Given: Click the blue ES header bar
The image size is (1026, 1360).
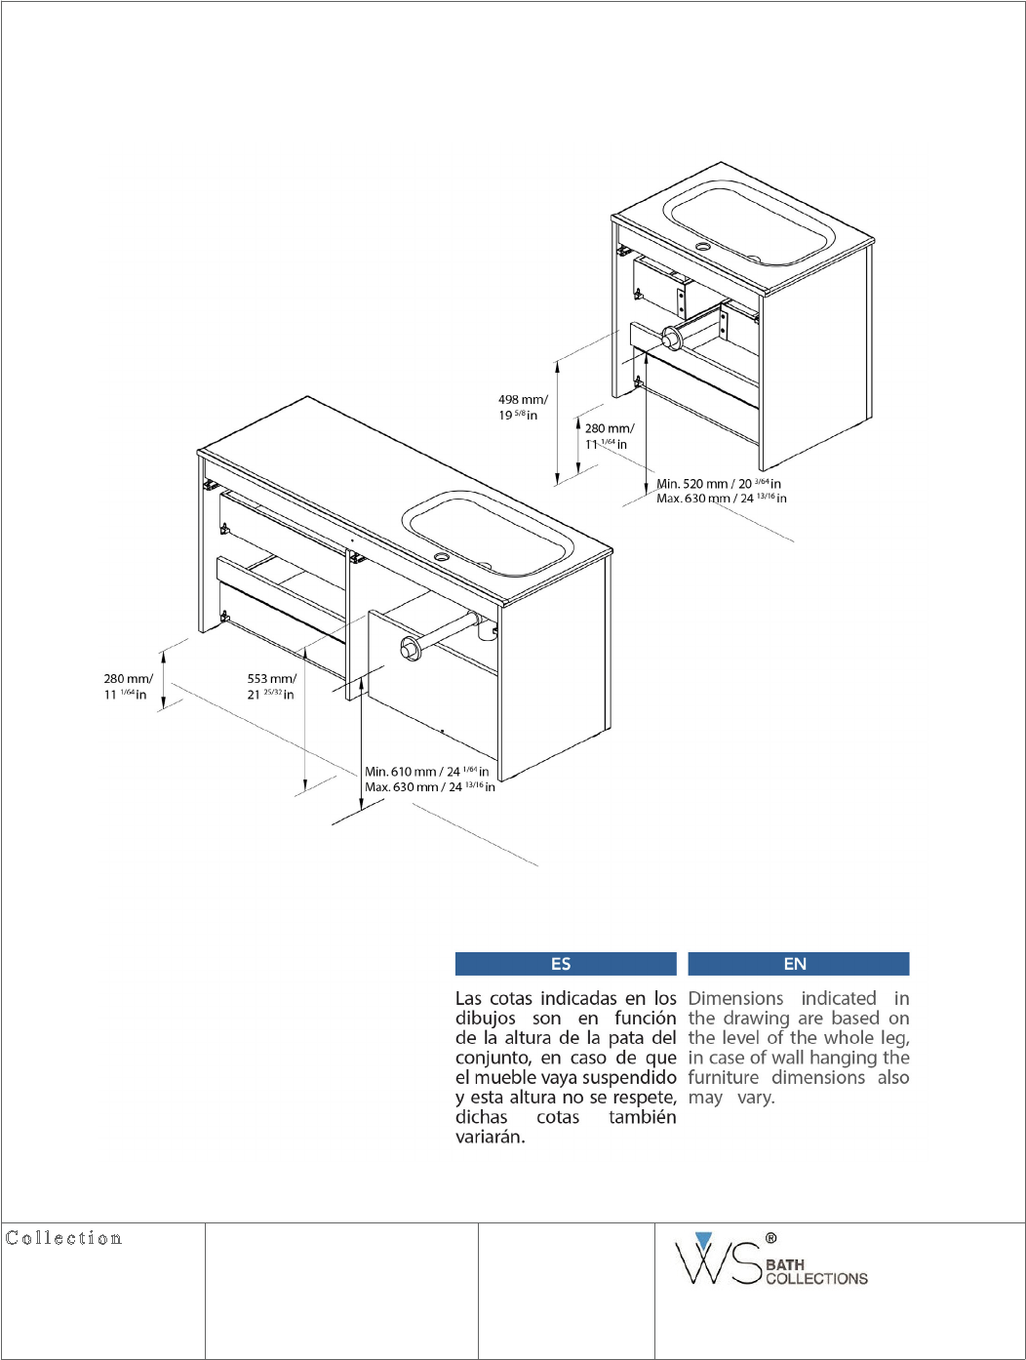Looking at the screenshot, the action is [566, 964].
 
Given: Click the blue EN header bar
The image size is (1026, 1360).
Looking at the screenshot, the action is [798, 964].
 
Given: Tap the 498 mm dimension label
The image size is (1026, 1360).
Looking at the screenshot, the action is [522, 407].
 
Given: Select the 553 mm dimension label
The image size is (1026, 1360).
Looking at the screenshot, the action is [271, 687].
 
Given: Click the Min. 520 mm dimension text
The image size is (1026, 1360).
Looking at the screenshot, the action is [718, 483].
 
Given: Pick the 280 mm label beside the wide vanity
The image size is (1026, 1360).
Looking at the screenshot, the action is [128, 687].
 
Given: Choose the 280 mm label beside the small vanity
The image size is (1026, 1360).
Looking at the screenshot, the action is [610, 436].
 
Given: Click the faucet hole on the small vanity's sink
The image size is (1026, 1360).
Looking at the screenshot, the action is [703, 247].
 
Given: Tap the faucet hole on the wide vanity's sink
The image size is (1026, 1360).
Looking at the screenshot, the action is [442, 557].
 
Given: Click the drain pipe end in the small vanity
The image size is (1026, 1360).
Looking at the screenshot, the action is [671, 340].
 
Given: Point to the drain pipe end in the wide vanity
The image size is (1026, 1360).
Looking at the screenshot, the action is [410, 647].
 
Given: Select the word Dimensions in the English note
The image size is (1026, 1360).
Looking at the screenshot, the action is [735, 998].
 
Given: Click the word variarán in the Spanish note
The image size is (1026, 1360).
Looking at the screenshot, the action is [491, 1137].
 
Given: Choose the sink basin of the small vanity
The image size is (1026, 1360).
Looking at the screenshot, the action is [749, 222].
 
